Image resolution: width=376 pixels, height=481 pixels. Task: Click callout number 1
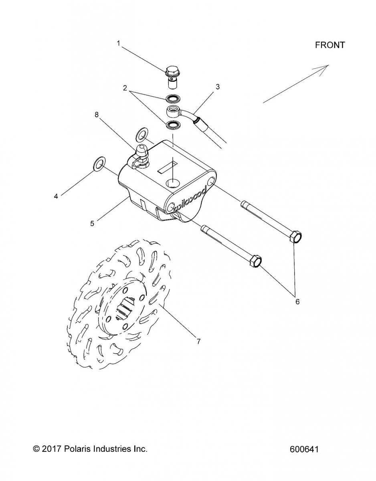[119, 43]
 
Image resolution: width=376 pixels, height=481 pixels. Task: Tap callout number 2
[125, 88]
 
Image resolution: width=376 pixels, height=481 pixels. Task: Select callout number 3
[218, 87]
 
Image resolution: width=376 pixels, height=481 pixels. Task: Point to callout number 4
[56, 196]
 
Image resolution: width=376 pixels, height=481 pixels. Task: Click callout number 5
[92, 223]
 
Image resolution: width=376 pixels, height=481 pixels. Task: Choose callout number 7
[198, 342]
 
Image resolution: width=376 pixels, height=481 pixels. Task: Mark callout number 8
[97, 115]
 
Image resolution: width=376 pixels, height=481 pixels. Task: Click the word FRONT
[330, 45]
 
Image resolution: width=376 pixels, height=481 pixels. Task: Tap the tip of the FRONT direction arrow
[329, 65]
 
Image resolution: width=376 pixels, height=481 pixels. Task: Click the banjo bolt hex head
[171, 71]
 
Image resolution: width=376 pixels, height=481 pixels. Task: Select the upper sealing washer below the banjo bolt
[173, 98]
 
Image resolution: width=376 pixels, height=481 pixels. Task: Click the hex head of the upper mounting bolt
[295, 237]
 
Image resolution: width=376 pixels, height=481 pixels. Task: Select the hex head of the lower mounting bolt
[256, 261]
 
